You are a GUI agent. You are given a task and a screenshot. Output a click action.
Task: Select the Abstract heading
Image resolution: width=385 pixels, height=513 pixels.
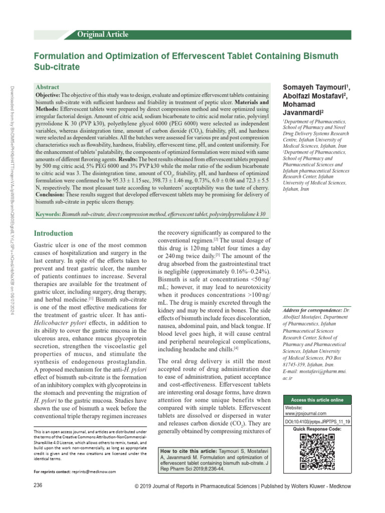pos(48,87)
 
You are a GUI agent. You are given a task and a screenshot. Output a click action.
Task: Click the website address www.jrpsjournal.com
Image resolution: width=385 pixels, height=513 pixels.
pos(305,413)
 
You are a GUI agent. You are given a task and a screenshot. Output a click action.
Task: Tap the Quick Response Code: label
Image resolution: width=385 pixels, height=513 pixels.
pos(317,429)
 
